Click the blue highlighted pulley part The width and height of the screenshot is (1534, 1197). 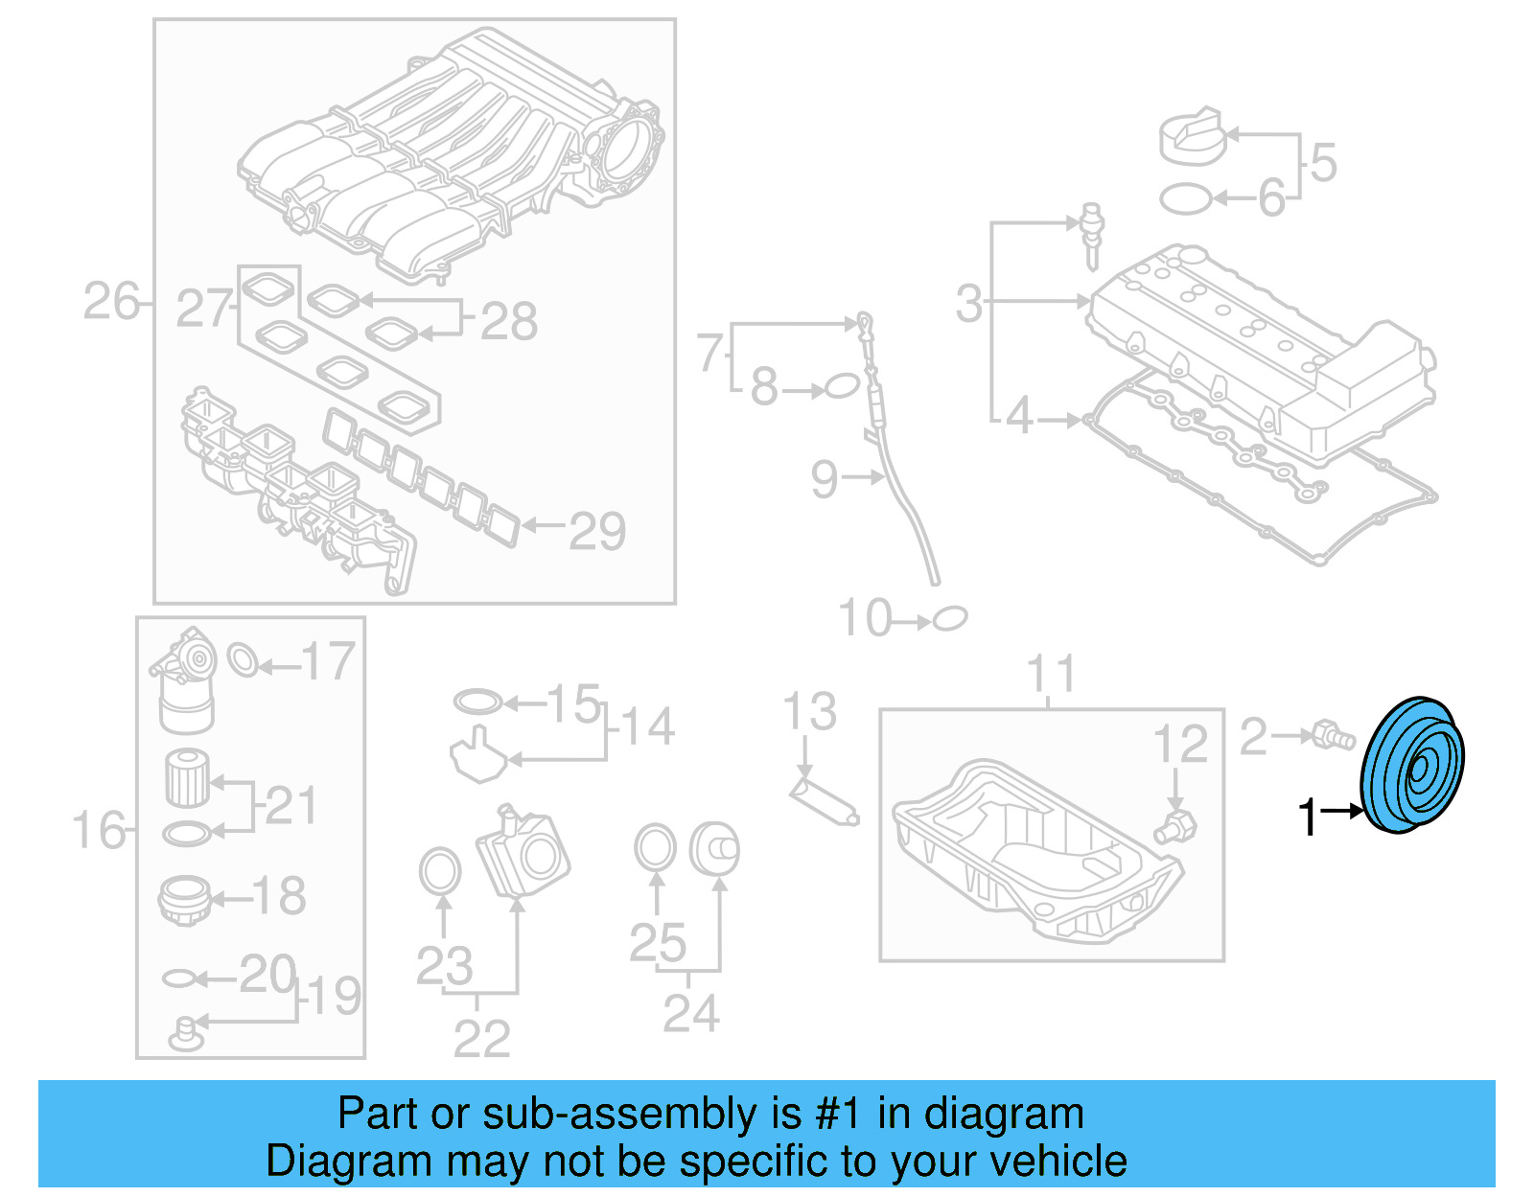click(1412, 767)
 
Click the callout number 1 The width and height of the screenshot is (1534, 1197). click(1309, 817)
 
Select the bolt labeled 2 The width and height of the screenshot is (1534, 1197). click(1334, 735)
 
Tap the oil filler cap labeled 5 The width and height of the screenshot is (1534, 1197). click(1191, 137)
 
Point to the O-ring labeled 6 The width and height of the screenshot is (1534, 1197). click(1186, 199)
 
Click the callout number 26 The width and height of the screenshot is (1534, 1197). click(111, 302)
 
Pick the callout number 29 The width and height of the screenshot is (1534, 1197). click(596, 531)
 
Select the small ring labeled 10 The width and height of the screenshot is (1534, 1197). click(950, 618)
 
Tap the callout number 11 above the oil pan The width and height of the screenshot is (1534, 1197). click(1051, 675)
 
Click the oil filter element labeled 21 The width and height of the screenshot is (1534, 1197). click(187, 778)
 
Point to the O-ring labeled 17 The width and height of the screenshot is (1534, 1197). click(243, 660)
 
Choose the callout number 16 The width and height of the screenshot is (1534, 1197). click(99, 830)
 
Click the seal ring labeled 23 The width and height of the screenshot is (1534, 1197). click(440, 871)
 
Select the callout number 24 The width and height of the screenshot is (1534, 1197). click(690, 1013)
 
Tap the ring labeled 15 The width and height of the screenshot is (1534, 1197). click(477, 702)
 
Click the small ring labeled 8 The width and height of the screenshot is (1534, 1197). click(841, 386)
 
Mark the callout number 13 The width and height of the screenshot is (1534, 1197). click(809, 711)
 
